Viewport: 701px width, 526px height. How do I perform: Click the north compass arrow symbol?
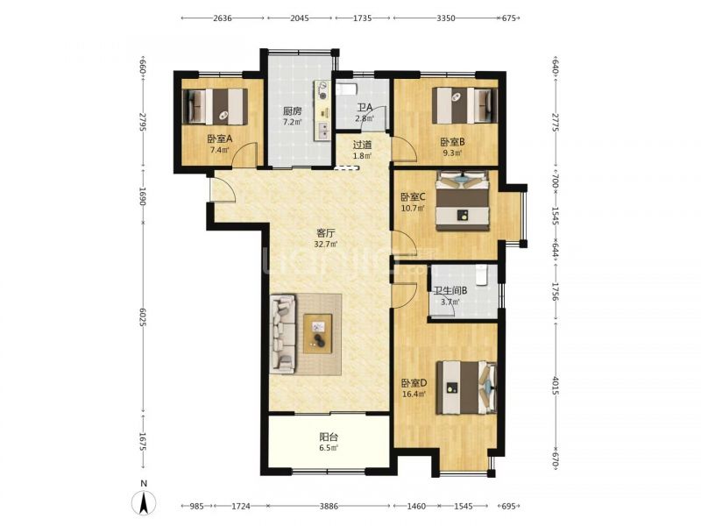coord(144,501)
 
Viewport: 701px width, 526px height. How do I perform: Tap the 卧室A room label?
coord(220,139)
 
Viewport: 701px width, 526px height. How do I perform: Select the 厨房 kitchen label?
coord(293,111)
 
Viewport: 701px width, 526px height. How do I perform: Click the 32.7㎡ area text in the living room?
coord(326,245)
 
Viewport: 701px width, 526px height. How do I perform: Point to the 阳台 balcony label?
coord(329,437)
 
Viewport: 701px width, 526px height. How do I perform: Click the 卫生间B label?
coord(450,290)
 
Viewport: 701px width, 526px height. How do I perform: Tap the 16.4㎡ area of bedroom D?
coord(414,394)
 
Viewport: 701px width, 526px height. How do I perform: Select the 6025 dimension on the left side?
coord(142,316)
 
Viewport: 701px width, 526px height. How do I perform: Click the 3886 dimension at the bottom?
coord(329,506)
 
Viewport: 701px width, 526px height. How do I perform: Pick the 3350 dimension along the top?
coord(446,18)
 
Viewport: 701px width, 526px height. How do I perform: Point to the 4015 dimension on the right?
coord(556,387)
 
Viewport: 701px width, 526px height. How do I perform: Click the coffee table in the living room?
coord(318,334)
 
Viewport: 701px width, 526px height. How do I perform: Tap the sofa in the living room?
coord(282,334)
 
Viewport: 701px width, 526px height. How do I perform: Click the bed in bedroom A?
coord(215,106)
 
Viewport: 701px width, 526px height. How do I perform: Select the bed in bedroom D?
coord(467,387)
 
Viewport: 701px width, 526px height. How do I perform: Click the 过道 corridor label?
coord(362,145)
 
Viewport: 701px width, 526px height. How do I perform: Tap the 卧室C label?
coord(413,196)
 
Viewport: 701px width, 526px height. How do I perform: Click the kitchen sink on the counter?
coord(322,130)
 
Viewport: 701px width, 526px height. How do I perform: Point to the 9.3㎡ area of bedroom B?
coord(452,153)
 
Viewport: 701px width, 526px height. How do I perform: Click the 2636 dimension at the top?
coord(223,18)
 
